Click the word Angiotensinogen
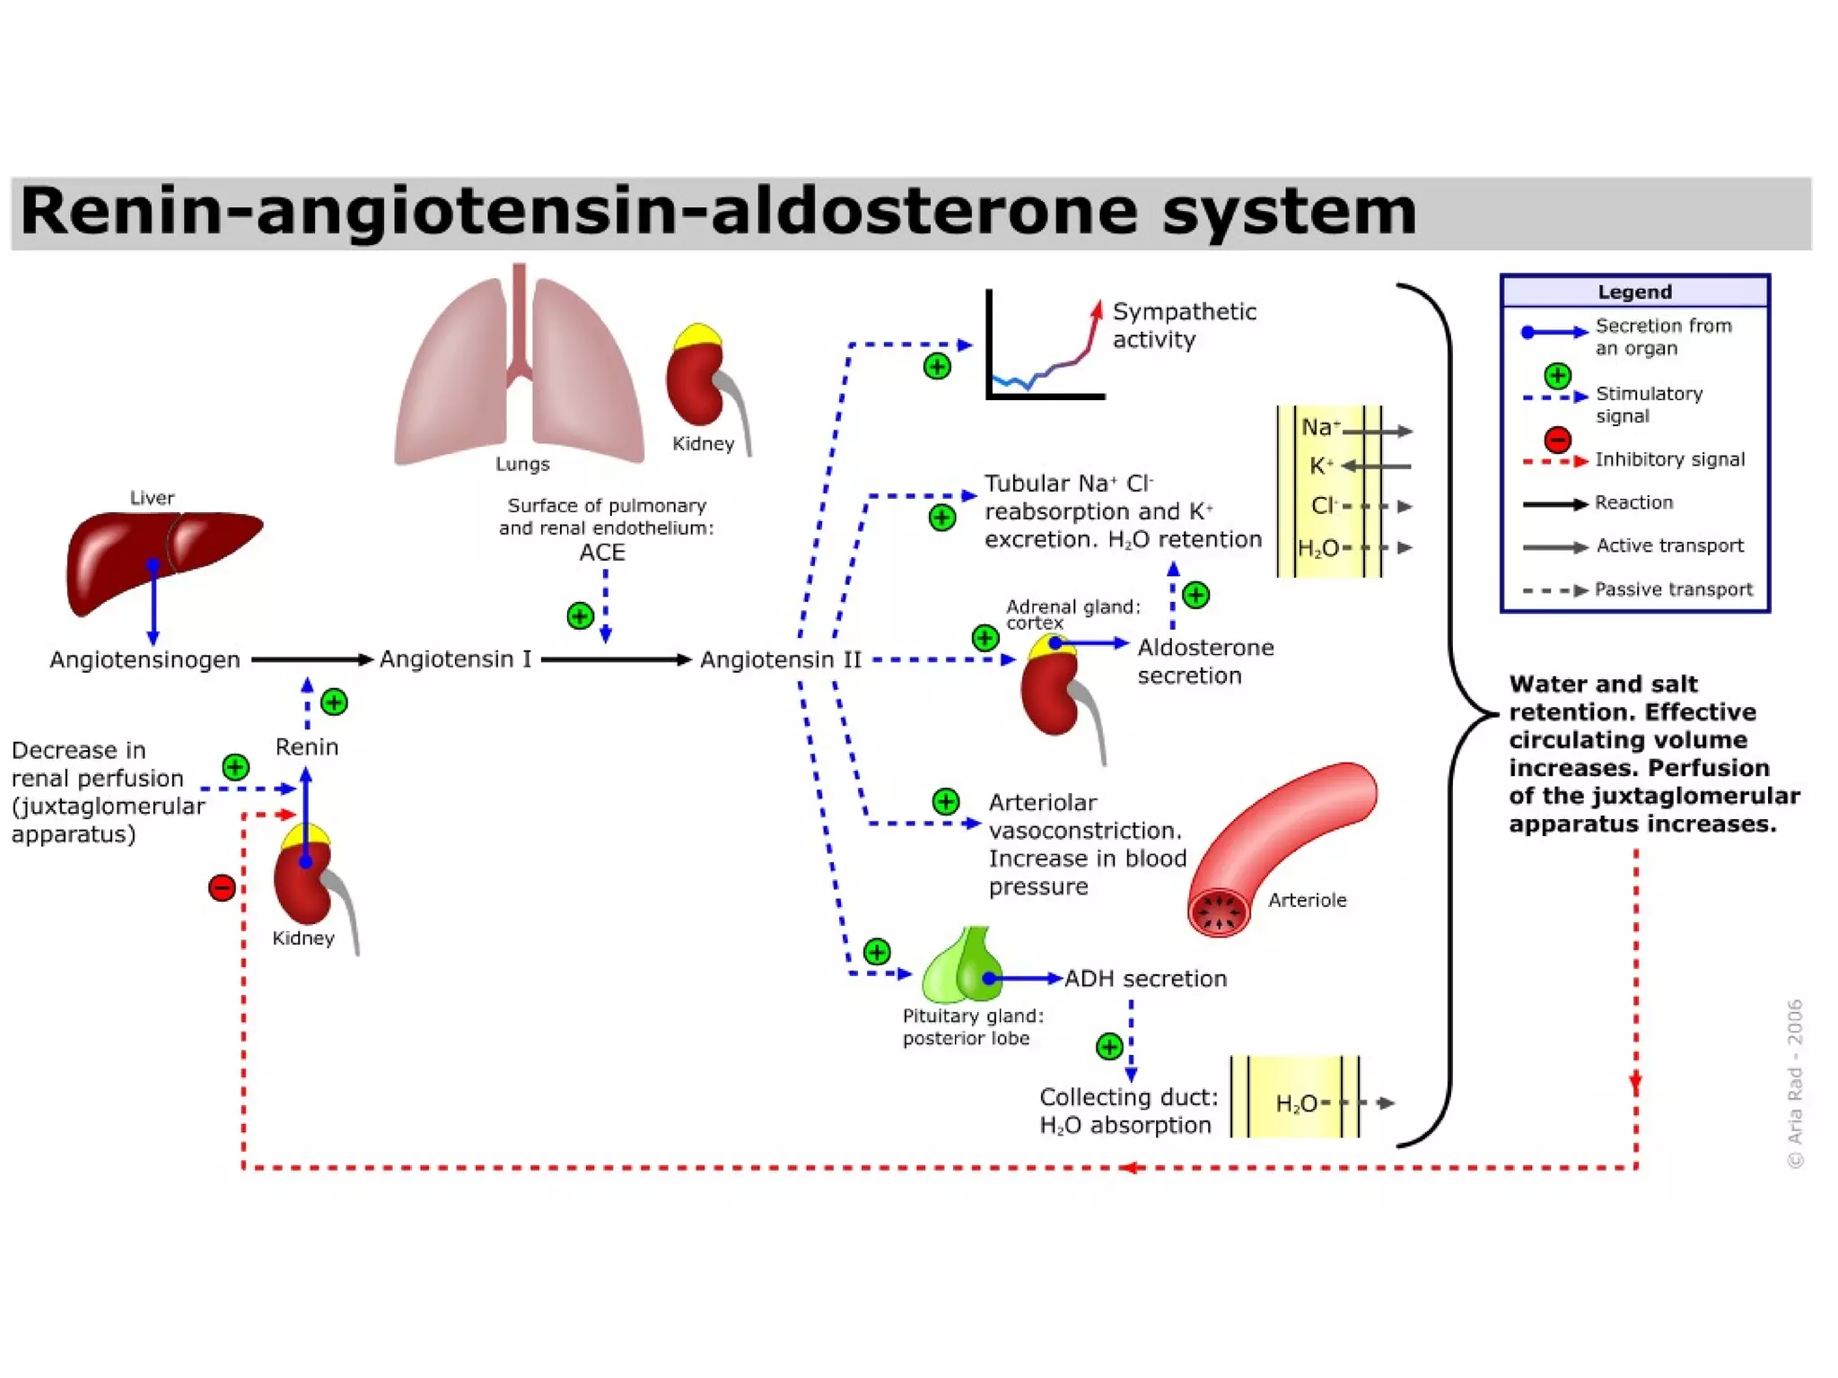point(144,660)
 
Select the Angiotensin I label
point(455,659)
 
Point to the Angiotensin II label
point(780,660)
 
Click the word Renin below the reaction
point(307,747)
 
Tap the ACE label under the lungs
point(602,553)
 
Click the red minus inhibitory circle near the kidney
point(222,888)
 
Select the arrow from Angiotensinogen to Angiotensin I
point(311,660)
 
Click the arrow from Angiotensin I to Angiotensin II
point(616,660)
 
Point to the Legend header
point(1634,292)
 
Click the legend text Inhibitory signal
point(1669,459)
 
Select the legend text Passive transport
point(1673,589)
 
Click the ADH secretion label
point(1145,979)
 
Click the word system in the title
point(1289,212)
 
